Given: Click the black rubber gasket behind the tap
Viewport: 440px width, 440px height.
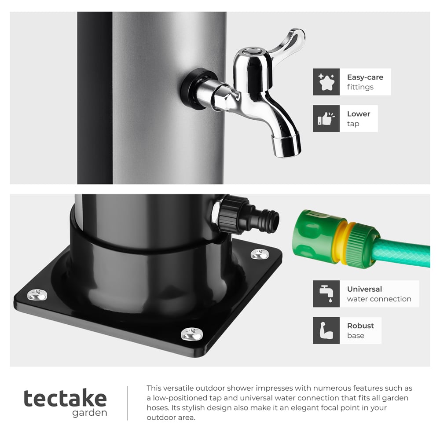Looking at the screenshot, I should point(192,88).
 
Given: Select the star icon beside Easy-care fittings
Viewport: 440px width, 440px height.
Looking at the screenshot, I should point(326,82).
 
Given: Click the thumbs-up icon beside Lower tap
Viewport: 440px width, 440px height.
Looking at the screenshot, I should point(326,118).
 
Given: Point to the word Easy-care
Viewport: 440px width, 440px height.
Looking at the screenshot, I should point(365,77).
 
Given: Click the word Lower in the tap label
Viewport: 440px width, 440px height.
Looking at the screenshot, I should point(358,114).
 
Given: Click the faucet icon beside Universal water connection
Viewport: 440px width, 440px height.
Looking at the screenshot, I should point(326,293).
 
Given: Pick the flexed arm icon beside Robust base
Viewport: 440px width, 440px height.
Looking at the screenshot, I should point(326,330).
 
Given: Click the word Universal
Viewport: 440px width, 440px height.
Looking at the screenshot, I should point(364,289).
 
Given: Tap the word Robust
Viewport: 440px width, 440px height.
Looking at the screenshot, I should point(360,326).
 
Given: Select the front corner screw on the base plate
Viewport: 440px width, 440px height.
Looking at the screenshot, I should point(191,334).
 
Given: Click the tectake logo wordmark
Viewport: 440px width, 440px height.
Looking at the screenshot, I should point(65,398).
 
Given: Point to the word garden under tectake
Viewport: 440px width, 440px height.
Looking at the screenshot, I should point(90,413).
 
